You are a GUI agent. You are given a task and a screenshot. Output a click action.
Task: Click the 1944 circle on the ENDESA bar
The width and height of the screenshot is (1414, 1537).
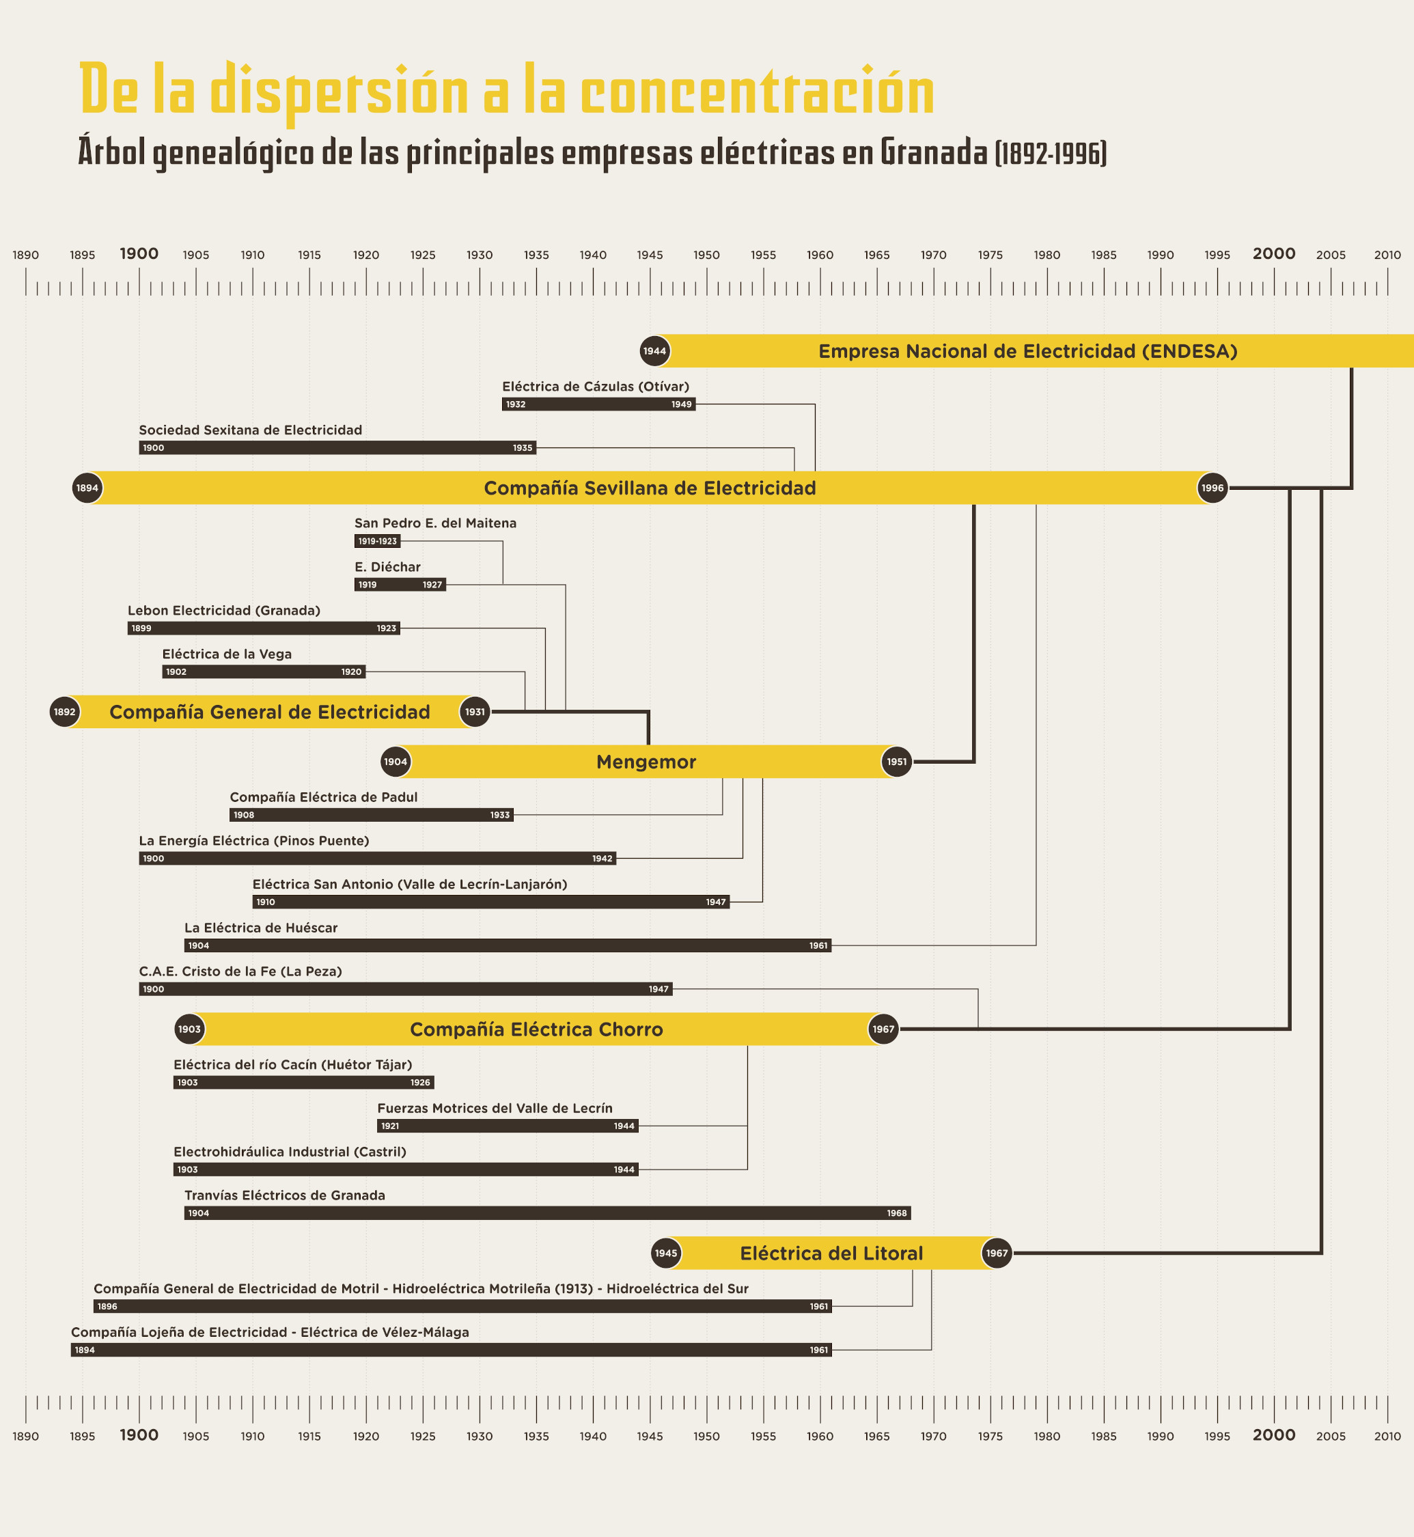(654, 351)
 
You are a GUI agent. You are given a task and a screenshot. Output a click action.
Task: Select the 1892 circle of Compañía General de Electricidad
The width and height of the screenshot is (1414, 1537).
(65, 712)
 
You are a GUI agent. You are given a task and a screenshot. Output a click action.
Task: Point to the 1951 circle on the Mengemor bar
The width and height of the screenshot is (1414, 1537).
(897, 762)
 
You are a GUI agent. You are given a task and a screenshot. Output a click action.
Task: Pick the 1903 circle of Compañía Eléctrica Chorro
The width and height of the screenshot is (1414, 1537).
(190, 1029)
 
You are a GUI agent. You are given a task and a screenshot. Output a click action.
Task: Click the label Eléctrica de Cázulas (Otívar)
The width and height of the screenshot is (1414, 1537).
(595, 387)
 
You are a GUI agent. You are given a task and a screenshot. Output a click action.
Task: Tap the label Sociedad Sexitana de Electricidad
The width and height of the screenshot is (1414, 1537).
(250, 430)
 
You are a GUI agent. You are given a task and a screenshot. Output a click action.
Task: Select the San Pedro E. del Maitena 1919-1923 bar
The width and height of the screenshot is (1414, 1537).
(377, 541)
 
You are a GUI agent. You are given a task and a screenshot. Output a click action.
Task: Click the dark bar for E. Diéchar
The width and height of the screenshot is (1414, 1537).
(400, 585)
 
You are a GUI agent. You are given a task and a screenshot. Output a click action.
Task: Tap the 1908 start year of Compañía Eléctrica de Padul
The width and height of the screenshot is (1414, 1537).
(244, 815)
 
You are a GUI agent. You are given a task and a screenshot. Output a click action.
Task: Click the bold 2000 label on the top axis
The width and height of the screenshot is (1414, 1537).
(1274, 253)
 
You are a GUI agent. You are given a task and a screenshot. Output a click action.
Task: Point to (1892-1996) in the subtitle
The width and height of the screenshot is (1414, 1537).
(1051, 153)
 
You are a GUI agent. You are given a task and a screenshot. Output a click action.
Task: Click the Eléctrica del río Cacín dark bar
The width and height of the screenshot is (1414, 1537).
(304, 1083)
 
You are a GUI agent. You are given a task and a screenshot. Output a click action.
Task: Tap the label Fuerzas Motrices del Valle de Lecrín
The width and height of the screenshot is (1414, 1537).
(495, 1108)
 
